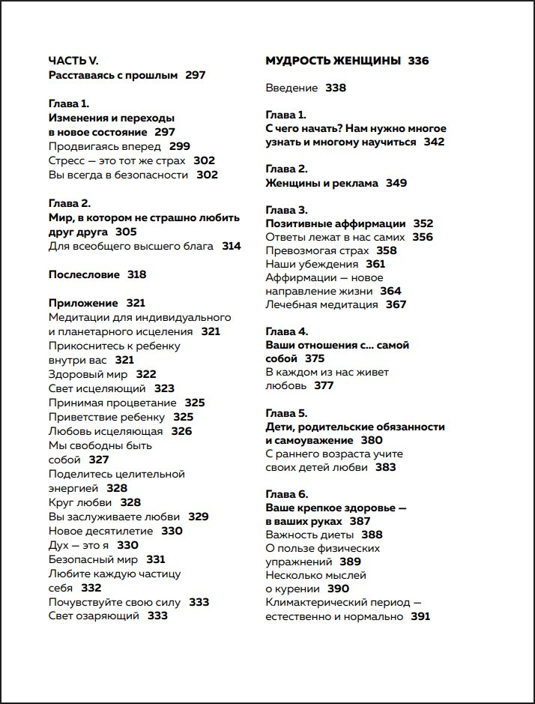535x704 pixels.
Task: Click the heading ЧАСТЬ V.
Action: coord(73,61)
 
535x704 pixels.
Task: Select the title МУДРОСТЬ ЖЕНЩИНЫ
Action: coord(333,61)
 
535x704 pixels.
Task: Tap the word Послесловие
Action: coord(84,274)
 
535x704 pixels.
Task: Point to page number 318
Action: coord(136,274)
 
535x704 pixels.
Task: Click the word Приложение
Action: coord(83,303)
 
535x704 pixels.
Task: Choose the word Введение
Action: coord(291,88)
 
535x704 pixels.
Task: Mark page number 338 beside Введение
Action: coord(336,88)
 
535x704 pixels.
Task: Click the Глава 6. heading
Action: coord(286,494)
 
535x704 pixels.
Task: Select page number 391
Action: coord(420,616)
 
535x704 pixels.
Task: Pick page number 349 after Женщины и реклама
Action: coord(396,183)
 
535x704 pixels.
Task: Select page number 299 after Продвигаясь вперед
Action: coord(180,146)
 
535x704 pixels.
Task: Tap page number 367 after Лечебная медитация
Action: coord(396,304)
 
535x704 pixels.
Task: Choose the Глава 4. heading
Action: coord(286,331)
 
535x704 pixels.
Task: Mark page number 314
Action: coord(232,246)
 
